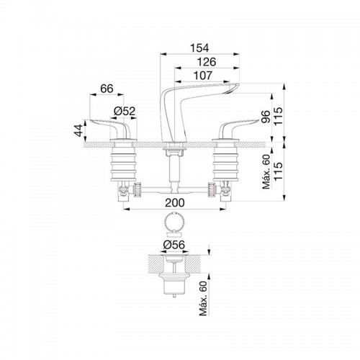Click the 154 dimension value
click(x=199, y=48)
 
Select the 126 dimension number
click(x=207, y=62)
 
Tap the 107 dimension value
click(x=203, y=76)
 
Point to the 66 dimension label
click(x=107, y=89)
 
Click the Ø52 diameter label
click(x=125, y=111)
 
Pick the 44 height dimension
click(x=78, y=130)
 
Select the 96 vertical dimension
click(x=266, y=117)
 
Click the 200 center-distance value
click(x=175, y=202)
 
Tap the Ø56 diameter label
click(x=174, y=245)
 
